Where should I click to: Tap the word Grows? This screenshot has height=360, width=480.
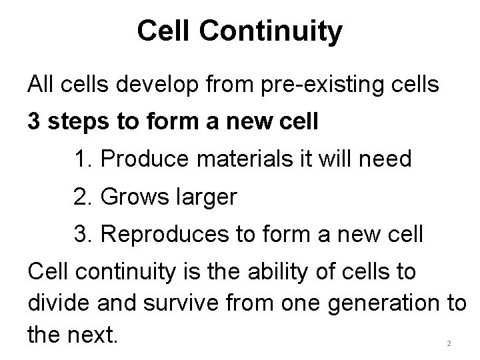135,198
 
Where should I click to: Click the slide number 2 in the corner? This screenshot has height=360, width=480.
449,343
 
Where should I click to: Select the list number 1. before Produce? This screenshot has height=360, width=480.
85,160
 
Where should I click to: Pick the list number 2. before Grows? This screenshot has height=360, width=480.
85,198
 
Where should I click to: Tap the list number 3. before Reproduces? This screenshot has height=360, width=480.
85,235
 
